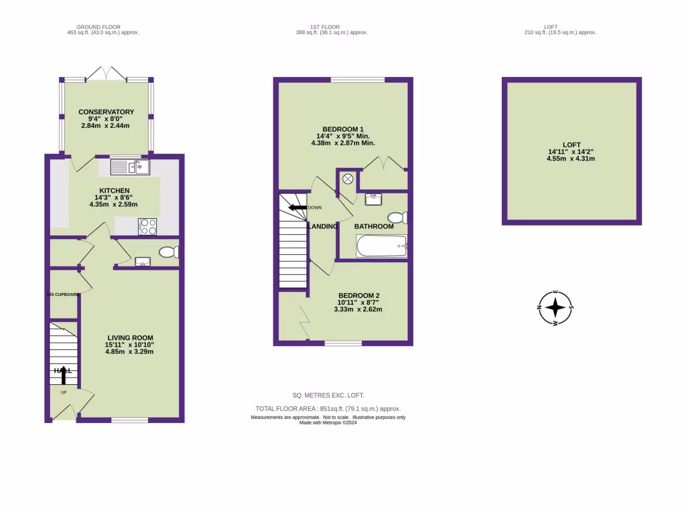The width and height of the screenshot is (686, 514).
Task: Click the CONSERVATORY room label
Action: (106, 112)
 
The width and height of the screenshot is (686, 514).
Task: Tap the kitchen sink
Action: (130, 167)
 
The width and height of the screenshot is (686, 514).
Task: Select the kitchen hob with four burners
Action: (147, 227)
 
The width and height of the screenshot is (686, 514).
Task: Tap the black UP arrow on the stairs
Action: (65, 375)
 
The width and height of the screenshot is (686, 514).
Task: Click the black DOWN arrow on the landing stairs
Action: (295, 207)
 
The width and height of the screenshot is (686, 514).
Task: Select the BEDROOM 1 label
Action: (342, 128)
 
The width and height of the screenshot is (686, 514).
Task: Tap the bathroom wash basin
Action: (374, 199)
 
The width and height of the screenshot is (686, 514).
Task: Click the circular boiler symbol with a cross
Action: (348, 179)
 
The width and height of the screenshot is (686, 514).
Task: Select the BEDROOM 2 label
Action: (359, 296)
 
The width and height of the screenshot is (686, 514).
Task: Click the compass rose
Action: (555, 309)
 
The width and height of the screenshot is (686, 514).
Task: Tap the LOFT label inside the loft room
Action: (571, 144)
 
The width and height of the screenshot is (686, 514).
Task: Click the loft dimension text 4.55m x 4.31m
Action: (571, 159)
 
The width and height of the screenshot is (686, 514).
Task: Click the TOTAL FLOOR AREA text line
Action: (328, 408)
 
